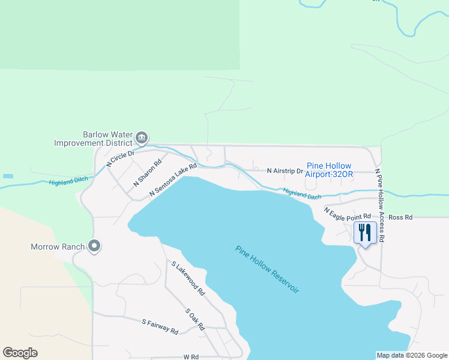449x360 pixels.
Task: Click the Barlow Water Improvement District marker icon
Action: point(142,138)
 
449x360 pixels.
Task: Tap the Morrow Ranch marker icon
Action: point(94,246)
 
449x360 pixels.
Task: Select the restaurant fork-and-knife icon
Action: point(365,232)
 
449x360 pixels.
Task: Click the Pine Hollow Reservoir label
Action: point(267,269)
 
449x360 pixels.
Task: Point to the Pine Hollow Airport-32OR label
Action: point(329,170)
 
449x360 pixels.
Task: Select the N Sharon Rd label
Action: point(148,172)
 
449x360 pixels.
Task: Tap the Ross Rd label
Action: point(400,217)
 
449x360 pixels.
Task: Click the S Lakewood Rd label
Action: point(188,278)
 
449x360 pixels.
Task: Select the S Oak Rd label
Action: point(195,319)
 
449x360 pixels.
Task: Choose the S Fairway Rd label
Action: point(160,327)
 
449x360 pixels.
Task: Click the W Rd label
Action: point(191,356)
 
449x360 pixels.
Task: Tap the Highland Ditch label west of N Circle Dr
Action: point(68,180)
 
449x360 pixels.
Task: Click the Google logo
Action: point(20,353)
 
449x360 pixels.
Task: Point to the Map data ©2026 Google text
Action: point(412,355)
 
